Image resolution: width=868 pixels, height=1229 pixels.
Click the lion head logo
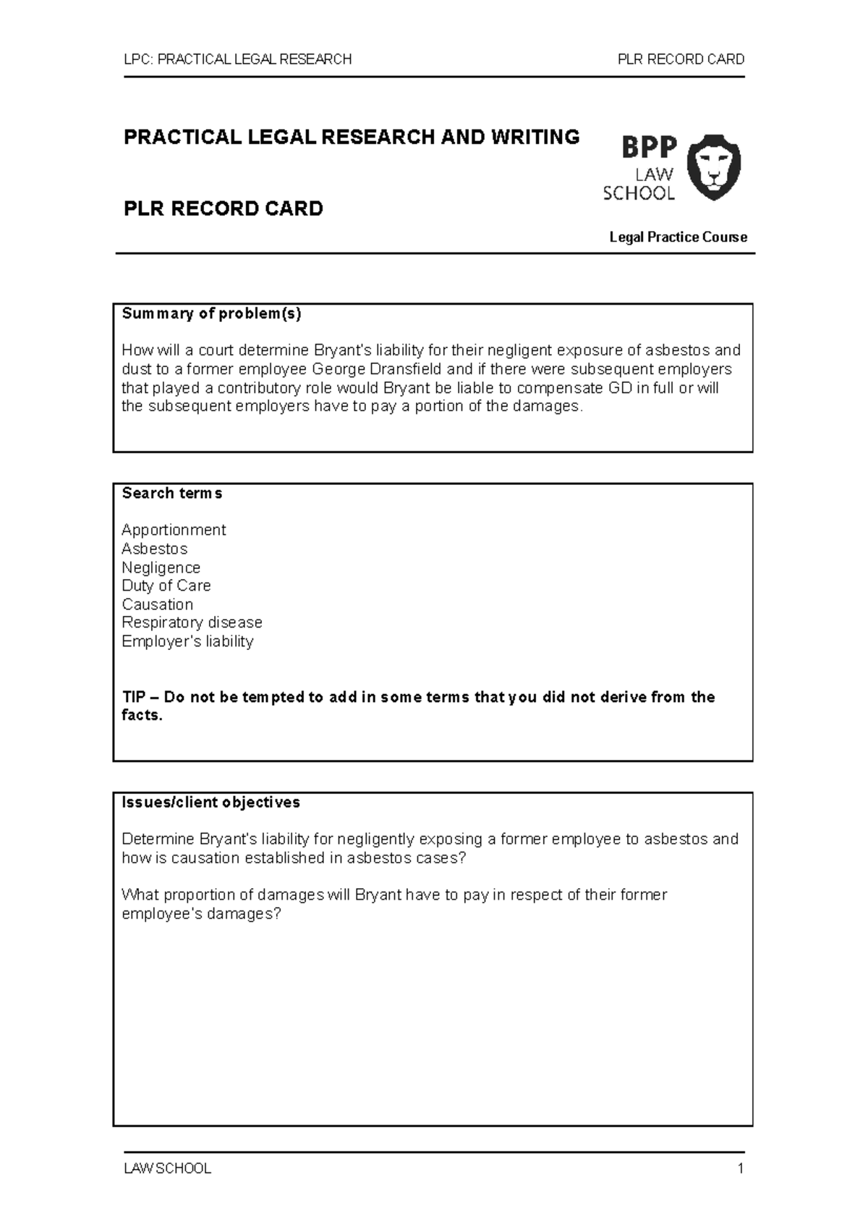(712, 167)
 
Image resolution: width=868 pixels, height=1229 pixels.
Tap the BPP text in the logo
(649, 148)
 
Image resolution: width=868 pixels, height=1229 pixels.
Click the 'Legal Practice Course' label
(678, 237)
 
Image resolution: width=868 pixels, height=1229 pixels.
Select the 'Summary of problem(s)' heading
(211, 313)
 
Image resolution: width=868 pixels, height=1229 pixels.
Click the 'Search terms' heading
(172, 493)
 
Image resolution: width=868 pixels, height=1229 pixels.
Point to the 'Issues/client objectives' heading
(210, 802)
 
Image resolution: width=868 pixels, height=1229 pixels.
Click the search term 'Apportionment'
(174, 530)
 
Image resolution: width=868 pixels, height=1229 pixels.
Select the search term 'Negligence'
(161, 567)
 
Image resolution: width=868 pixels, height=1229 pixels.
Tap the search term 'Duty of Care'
(166, 586)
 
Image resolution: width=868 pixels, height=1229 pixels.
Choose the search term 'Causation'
(157, 604)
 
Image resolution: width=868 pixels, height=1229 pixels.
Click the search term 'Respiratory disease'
(192, 622)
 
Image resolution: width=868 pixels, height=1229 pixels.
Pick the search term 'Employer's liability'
(187, 641)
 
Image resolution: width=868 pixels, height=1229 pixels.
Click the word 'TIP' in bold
(133, 697)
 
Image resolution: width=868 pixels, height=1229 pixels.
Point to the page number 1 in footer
(740, 1168)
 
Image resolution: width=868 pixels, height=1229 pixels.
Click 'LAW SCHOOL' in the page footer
(167, 1168)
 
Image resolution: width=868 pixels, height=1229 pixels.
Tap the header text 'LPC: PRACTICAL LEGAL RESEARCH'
(237, 59)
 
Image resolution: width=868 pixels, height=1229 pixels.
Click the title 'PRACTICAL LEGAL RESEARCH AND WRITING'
(352, 137)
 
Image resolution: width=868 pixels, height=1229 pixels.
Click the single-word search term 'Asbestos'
(154, 549)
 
